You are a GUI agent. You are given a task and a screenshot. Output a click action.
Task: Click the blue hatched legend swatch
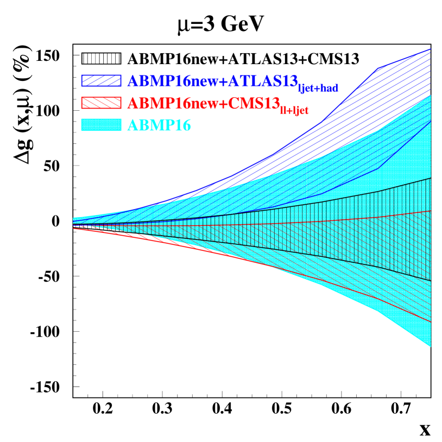tap(101, 80)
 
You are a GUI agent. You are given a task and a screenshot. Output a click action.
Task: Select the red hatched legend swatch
tap(101, 103)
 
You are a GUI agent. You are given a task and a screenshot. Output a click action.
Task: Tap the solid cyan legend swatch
tap(101, 125)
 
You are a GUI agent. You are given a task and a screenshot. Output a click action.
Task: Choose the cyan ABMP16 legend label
tap(159, 125)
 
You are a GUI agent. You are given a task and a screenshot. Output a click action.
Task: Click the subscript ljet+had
tap(318, 88)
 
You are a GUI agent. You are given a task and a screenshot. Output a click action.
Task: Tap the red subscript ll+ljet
tap(294, 110)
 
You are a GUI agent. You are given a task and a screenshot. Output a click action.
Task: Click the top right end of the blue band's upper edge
tap(431, 49)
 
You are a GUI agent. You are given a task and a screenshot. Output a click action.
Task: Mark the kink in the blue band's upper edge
tap(378, 68)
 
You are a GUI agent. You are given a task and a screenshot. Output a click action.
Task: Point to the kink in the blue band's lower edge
tap(378, 168)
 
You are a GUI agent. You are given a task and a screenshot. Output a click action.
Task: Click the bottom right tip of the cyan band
tap(431, 346)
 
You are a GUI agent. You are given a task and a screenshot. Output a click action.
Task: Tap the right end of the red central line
tap(431, 211)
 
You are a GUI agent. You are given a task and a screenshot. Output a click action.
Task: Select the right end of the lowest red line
tap(431, 322)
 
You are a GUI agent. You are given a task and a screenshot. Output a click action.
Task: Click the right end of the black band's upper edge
tap(431, 178)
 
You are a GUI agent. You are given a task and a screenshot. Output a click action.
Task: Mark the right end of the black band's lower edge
tap(431, 280)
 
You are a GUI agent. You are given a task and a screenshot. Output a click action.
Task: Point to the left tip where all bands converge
tap(74, 223)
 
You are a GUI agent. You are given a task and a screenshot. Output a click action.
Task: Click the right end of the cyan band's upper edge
tap(431, 96)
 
